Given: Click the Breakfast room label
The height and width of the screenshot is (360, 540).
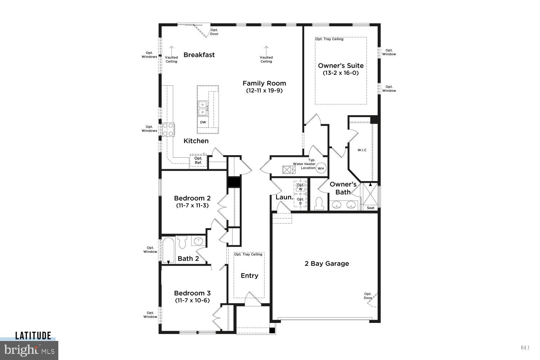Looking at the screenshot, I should (199, 55).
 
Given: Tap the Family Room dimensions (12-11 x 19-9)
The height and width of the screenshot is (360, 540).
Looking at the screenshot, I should (264, 91).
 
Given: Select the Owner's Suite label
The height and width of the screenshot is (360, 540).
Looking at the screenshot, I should (341, 66).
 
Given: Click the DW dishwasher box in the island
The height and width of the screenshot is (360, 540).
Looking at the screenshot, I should (203, 122).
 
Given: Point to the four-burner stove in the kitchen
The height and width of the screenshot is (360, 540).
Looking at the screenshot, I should (168, 130).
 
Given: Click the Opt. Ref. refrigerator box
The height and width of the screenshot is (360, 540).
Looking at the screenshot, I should (198, 161).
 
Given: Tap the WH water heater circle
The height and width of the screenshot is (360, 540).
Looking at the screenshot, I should (320, 168).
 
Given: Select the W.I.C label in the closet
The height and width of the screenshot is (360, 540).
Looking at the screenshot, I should (362, 150).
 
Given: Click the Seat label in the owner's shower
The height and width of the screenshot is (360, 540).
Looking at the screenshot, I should (370, 208).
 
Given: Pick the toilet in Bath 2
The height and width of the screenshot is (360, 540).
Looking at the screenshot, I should (182, 242).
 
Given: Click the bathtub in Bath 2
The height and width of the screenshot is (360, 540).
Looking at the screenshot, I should (168, 251).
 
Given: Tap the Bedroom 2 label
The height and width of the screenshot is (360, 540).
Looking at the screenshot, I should (192, 198).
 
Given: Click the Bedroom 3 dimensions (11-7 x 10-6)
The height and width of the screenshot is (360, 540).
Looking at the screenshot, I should (192, 300).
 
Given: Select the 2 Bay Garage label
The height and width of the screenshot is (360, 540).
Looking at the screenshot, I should (327, 264).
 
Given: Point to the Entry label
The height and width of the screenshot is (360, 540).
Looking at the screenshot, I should (249, 276).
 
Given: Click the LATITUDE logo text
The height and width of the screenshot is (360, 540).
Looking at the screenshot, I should (33, 336).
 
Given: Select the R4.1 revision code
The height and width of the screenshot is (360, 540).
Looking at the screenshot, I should (525, 347).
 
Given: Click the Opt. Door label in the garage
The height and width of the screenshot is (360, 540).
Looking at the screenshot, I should (368, 296).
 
